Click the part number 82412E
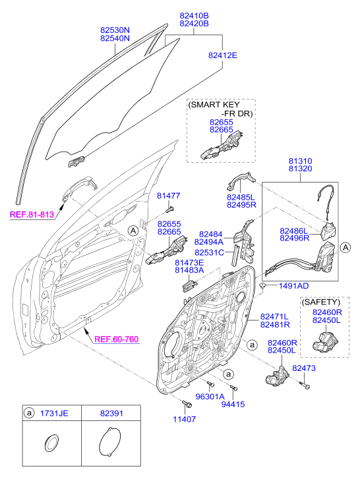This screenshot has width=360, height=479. click(222, 55)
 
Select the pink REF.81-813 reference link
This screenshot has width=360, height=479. click(32, 214)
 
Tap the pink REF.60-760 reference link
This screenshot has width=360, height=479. click(117, 339)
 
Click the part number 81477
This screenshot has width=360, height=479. click(168, 196)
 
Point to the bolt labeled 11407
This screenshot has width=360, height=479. click(187, 404)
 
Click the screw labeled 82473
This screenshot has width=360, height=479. click(305, 385)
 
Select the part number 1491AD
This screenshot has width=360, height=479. click(293, 286)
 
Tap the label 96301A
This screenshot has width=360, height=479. click(210, 397)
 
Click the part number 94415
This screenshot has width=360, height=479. click(233, 404)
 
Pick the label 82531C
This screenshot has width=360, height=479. click(209, 252)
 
